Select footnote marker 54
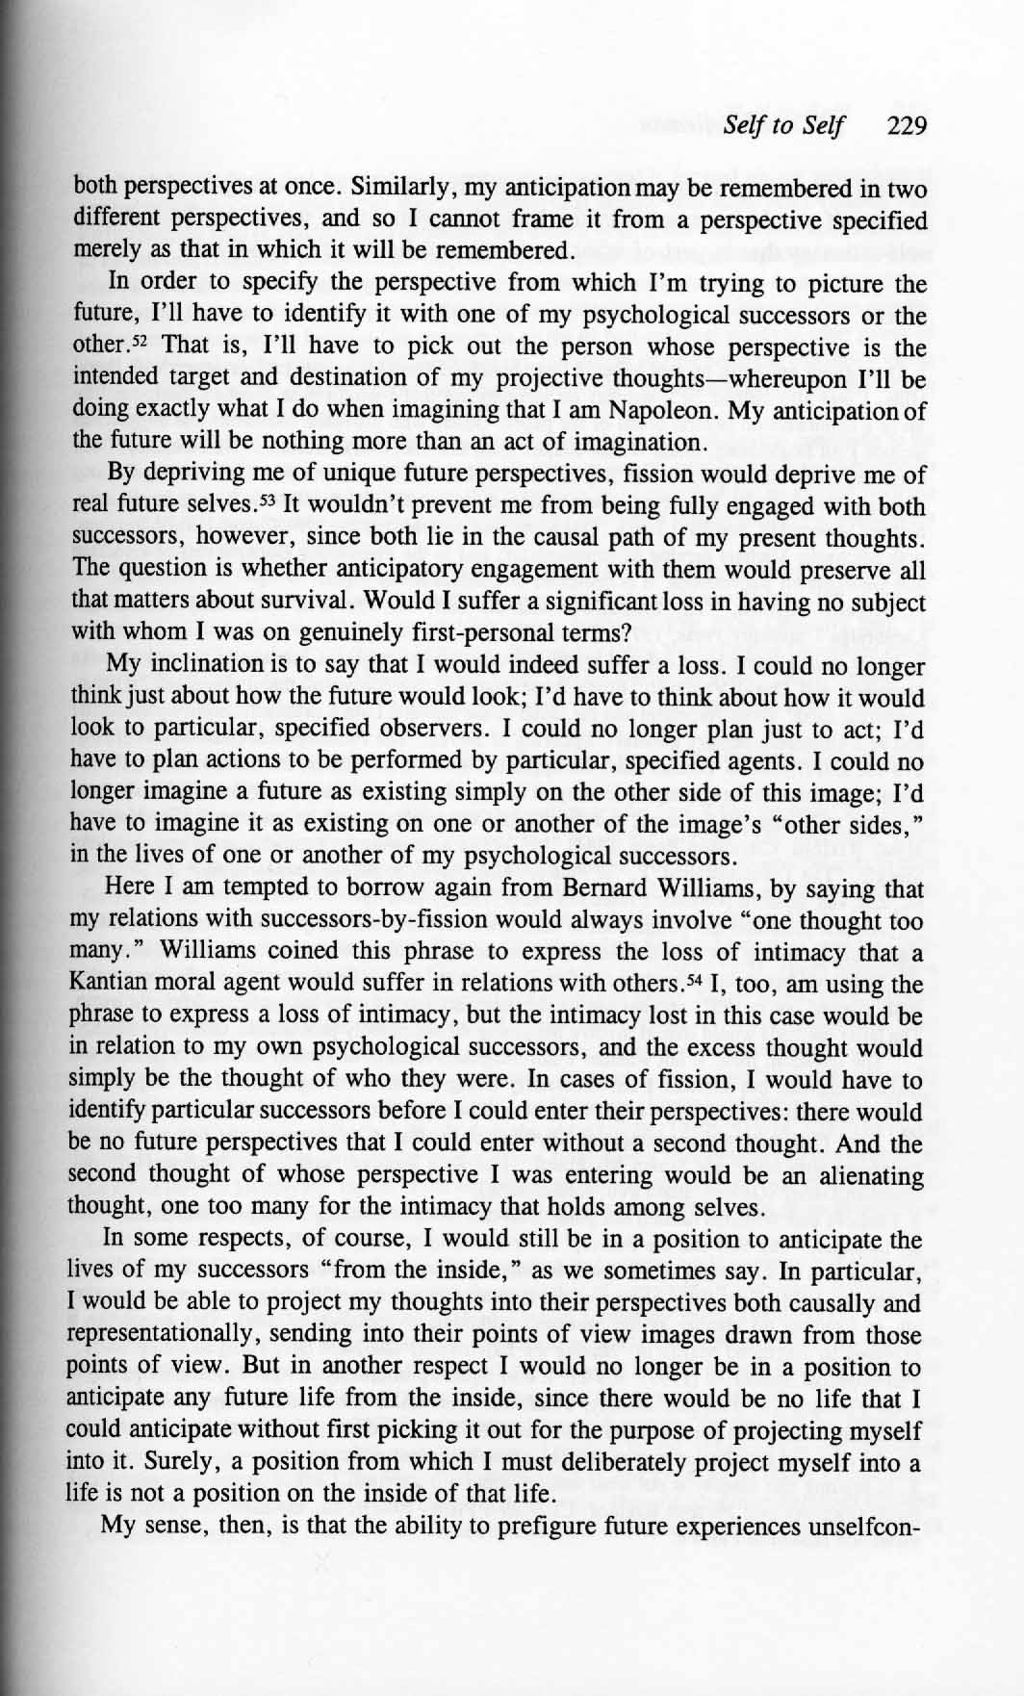[x=709, y=981]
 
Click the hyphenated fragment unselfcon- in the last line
[x=857, y=1527]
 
